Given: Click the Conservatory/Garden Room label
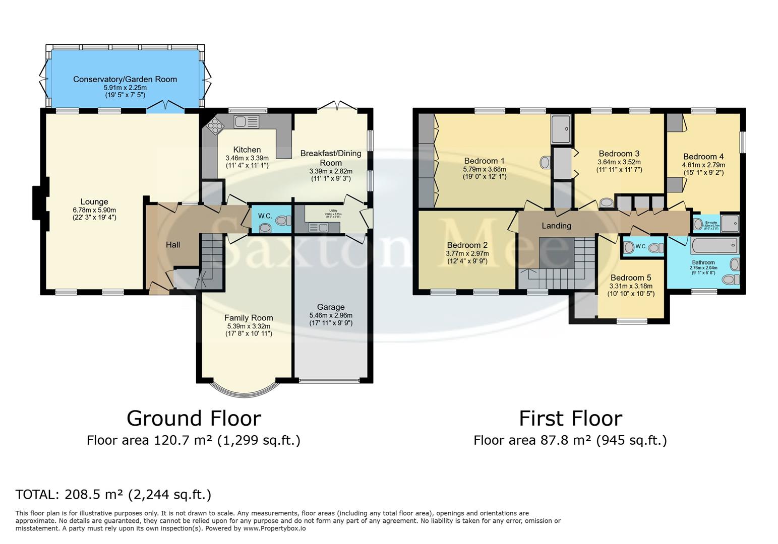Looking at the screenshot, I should (x=125, y=79).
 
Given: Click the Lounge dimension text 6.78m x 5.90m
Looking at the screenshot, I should (x=94, y=210).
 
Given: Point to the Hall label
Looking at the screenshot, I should (x=173, y=245).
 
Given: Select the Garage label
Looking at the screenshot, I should (x=331, y=307).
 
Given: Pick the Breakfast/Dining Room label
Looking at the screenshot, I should (x=331, y=158).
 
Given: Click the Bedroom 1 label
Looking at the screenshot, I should (x=484, y=161).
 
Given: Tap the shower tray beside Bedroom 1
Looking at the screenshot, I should (x=561, y=128).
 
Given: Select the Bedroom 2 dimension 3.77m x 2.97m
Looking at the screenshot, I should (x=467, y=253).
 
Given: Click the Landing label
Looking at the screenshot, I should (x=556, y=226).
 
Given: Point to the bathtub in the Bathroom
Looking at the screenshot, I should (x=715, y=246).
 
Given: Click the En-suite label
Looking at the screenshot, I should (x=711, y=222).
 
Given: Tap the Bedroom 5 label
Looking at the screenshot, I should (x=630, y=278).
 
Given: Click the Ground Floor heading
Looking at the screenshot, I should (x=194, y=419).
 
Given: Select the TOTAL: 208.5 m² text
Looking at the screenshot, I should (x=113, y=495).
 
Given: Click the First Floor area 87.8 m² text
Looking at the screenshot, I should (x=570, y=440).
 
